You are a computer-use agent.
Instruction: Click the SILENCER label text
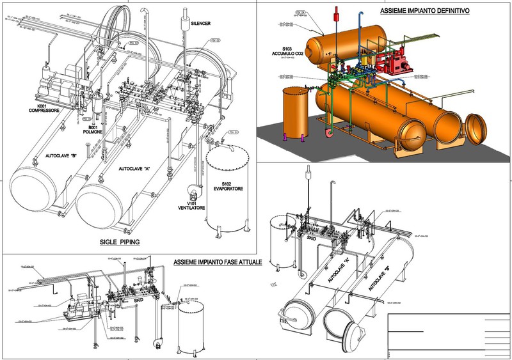pos(200,23)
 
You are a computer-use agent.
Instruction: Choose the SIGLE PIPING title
pos(120,242)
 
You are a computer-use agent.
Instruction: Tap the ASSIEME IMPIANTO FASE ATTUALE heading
pos(214,263)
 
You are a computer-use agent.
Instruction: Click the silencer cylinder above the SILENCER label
pos(188,24)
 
